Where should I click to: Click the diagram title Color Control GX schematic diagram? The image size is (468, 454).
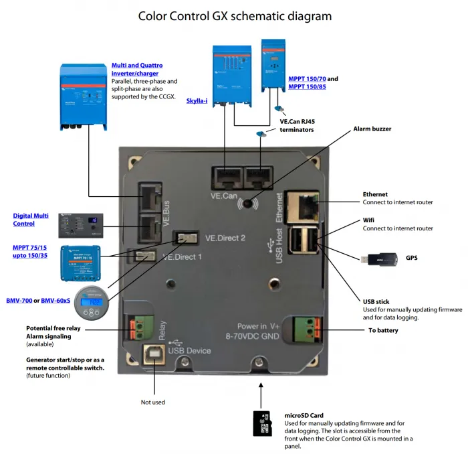click(x=234, y=15)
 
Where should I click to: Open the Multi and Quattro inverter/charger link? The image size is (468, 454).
click(x=136, y=70)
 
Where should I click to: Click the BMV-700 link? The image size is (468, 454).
click(x=18, y=301)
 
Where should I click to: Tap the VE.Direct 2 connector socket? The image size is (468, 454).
click(x=187, y=238)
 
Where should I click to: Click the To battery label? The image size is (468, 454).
click(x=384, y=331)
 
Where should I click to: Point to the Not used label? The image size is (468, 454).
click(x=152, y=402)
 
